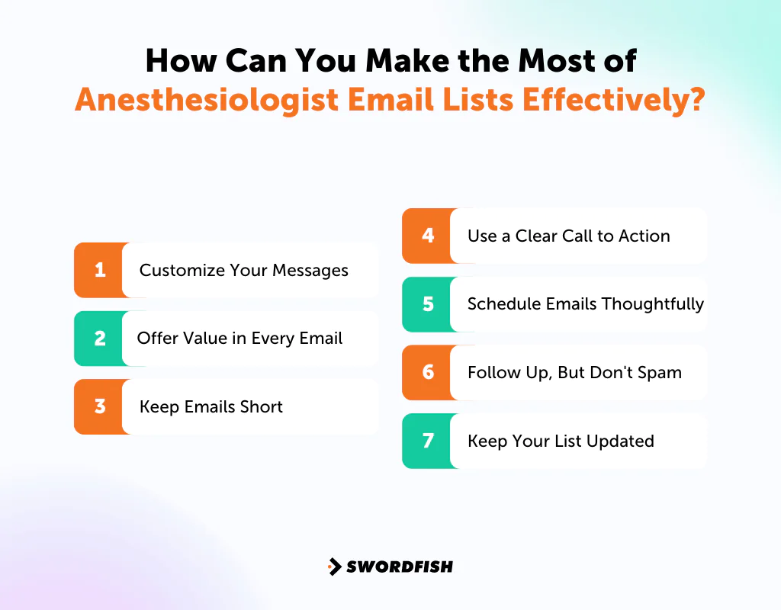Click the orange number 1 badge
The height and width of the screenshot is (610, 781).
(x=99, y=270)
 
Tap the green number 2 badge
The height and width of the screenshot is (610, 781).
(x=99, y=338)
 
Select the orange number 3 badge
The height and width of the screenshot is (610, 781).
(x=99, y=406)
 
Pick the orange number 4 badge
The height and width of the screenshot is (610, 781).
(x=427, y=236)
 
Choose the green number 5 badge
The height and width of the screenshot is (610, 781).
(x=427, y=304)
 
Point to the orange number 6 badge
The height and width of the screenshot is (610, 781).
(x=427, y=372)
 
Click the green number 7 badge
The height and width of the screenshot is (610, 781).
(x=427, y=441)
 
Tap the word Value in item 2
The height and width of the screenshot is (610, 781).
(x=205, y=338)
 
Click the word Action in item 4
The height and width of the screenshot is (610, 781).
(x=644, y=236)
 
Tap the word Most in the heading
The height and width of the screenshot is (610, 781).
(x=558, y=60)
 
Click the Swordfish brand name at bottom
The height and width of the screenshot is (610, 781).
(x=400, y=567)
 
